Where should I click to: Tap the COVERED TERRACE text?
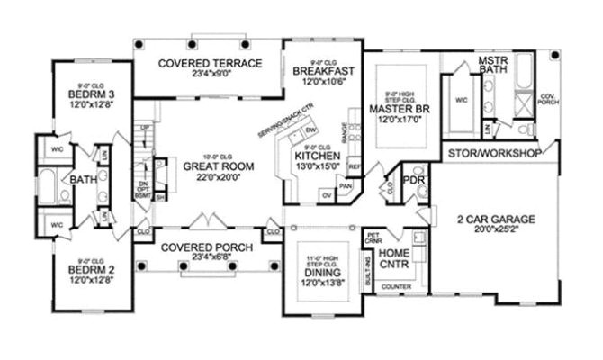coord(209,63)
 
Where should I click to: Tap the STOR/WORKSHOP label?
coord(493,154)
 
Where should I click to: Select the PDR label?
coord(415,178)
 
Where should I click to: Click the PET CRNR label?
coord(374,238)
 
